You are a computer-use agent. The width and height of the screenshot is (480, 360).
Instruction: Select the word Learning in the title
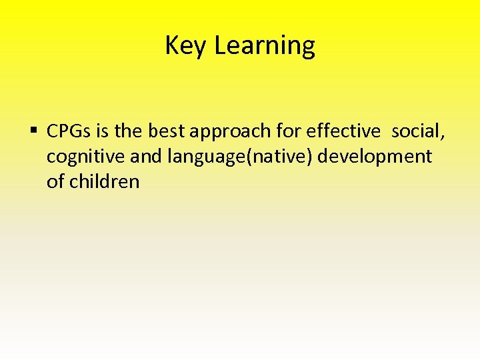click(265, 46)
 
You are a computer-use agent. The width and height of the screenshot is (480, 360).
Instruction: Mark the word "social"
click(415, 132)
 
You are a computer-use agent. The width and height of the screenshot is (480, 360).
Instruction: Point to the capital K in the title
click(171, 46)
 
